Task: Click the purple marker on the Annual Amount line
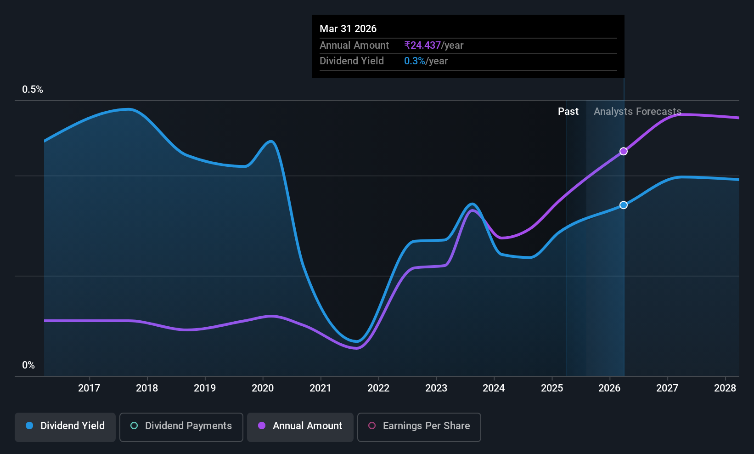(x=624, y=151)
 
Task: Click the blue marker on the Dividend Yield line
(x=624, y=205)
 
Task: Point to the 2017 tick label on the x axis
(x=89, y=388)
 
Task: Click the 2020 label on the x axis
(x=263, y=388)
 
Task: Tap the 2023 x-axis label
(x=436, y=388)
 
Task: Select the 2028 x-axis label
(x=725, y=388)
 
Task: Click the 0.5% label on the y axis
(x=33, y=89)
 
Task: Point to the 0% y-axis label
(x=28, y=365)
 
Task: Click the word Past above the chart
(x=568, y=111)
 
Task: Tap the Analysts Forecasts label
(x=637, y=111)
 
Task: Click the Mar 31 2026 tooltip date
(x=348, y=28)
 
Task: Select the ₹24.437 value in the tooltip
(x=422, y=45)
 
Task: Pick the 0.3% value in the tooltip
(x=414, y=61)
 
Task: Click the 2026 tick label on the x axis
(x=609, y=388)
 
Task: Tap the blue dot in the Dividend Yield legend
(x=30, y=426)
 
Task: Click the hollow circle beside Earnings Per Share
(x=372, y=426)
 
